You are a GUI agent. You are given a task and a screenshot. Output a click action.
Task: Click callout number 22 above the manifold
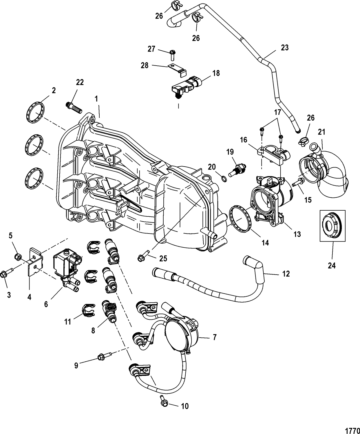pyautogui.click(x=80, y=82)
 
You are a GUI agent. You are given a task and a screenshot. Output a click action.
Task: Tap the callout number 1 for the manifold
pyautogui.click(x=96, y=99)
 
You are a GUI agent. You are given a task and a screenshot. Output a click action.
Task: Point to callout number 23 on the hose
pyautogui.click(x=285, y=47)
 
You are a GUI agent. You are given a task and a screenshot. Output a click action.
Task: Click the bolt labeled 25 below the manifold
pyautogui.click(x=142, y=256)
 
